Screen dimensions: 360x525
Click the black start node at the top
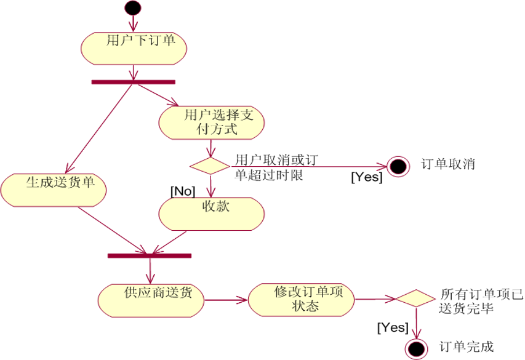(133, 8)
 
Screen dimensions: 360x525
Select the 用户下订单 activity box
(133, 47)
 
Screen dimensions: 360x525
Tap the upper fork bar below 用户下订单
(133, 81)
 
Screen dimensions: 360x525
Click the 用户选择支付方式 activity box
(212, 123)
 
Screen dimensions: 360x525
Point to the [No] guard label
(183, 190)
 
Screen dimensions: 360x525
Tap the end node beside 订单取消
(398, 166)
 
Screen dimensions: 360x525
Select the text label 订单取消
(448, 164)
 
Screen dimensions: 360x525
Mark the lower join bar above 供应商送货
(150, 255)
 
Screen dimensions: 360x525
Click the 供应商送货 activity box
(151, 300)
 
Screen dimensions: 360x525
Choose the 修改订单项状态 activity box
(302, 299)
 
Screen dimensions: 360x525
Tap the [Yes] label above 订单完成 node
(393, 326)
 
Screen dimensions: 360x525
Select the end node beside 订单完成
(416, 348)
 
